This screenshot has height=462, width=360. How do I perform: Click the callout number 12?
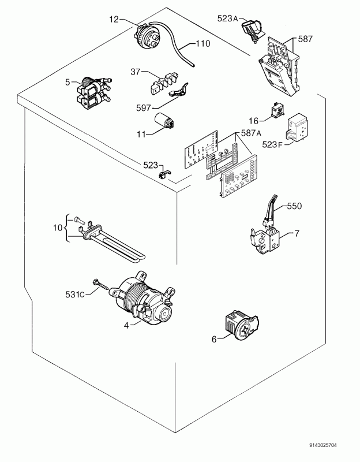(x=114, y=20)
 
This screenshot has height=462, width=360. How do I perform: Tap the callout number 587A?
(x=251, y=133)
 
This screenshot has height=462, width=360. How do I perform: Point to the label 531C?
(x=75, y=294)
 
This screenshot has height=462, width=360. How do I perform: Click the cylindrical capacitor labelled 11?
(x=164, y=121)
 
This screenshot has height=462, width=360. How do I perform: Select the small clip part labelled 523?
(x=164, y=174)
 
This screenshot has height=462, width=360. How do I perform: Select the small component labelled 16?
(x=277, y=110)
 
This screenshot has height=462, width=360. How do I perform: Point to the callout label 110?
(x=203, y=44)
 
